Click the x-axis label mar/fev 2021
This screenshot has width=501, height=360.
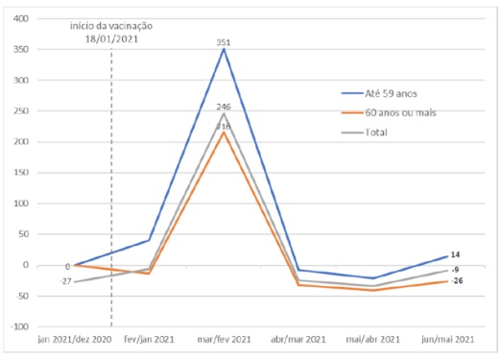(225, 341)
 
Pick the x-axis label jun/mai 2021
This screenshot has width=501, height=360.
(448, 341)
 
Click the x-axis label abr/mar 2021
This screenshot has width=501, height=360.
(298, 341)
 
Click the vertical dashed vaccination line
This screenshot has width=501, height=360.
(112, 192)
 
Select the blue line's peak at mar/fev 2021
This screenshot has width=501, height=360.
(225, 49)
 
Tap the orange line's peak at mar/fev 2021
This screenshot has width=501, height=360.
(225, 132)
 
